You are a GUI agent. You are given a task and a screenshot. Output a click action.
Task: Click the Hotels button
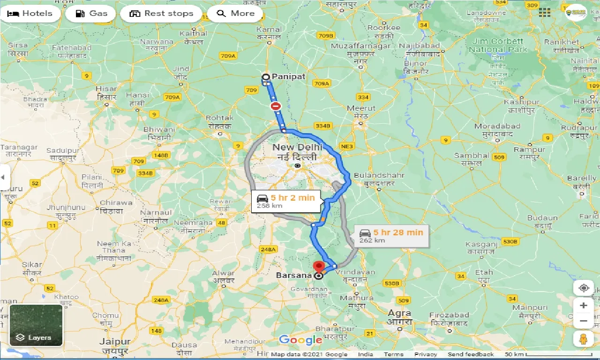pyautogui.click(x=30, y=14)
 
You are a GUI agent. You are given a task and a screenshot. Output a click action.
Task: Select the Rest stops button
pyautogui.click(x=161, y=14)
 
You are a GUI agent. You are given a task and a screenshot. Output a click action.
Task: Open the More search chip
pyautogui.click(x=236, y=14)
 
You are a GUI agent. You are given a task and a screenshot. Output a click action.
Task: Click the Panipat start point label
pyautogui.click(x=288, y=76)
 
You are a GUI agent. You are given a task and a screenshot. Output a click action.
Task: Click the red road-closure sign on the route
pyautogui.click(x=276, y=106)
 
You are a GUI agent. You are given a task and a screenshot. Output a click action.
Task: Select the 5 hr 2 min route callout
pyautogui.click(x=286, y=201)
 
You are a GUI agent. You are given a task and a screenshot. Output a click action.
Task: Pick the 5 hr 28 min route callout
pyautogui.click(x=391, y=236)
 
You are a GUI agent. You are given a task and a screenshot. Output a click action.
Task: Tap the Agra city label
pyautogui.click(x=399, y=313)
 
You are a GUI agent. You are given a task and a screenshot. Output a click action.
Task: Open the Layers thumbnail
pyautogui.click(x=36, y=325)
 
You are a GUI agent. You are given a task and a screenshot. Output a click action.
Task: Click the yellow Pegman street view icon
pyautogui.click(x=583, y=338)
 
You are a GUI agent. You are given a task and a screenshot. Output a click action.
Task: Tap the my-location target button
pyautogui.click(x=584, y=288)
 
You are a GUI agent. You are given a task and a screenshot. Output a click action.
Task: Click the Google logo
pyautogui.click(x=300, y=340)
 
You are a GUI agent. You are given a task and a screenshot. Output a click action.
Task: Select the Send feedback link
pyautogui.click(x=471, y=354)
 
